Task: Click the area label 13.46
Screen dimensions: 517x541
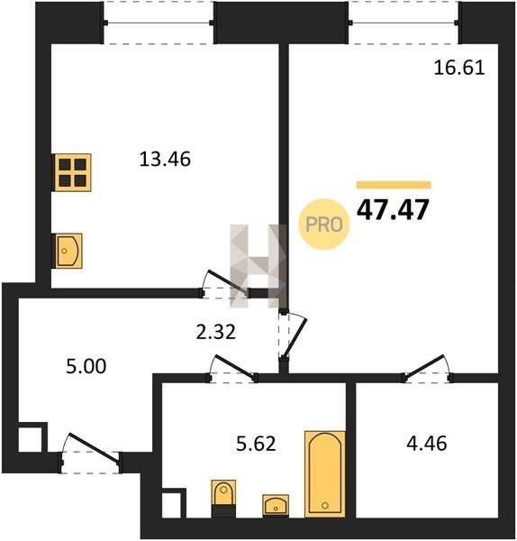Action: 165,160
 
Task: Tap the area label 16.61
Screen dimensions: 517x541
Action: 459,68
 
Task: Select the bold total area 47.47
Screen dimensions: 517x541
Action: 393,210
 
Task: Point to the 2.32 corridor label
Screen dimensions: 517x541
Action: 216,332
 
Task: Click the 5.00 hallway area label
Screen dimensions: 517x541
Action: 86,366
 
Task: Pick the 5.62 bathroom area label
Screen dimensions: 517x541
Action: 256,444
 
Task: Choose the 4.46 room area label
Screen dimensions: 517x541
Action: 427,444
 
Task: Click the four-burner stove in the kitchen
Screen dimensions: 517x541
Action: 72,172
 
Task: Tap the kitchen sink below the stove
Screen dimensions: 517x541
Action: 68,251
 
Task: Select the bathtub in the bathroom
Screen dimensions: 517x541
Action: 324,474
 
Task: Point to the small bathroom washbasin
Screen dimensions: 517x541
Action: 276,505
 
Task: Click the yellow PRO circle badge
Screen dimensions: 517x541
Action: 324,225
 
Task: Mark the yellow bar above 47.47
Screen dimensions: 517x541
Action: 394,185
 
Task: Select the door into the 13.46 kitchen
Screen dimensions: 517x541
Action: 224,285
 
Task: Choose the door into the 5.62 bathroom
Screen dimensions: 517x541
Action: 232,369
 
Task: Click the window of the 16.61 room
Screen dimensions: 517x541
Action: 404,23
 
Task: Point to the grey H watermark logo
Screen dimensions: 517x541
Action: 258,266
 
